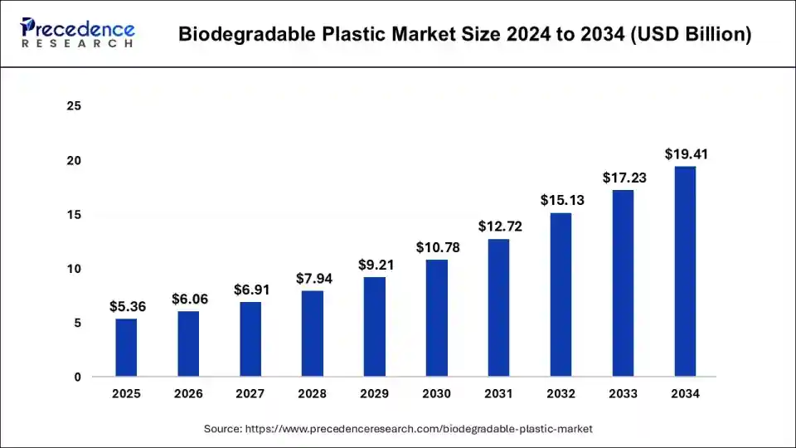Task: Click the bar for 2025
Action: pos(126,348)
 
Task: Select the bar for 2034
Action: pos(685,271)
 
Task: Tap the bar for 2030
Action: pos(437,318)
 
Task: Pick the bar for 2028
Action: pos(313,334)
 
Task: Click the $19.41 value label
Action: pos(686,154)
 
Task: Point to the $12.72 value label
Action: pos(499,226)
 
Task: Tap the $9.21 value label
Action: pos(375,265)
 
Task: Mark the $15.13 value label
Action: pos(561,201)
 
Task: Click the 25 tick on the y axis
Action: pos(75,106)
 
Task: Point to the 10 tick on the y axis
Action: pos(75,269)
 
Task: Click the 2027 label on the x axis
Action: pos(250,394)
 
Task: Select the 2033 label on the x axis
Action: pos(623,394)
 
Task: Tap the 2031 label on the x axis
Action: pos(499,394)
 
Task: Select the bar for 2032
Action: pos(561,295)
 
